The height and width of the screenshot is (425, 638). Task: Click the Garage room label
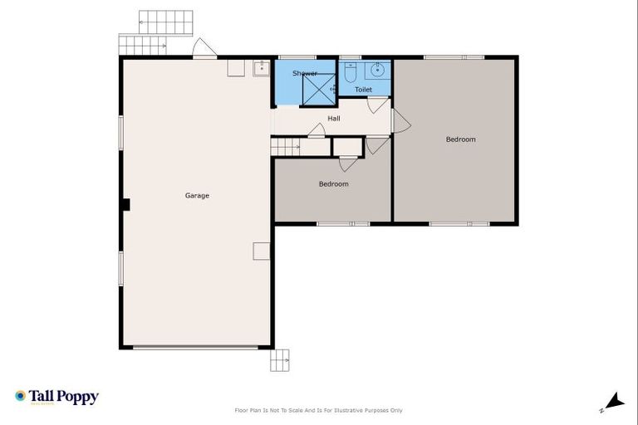pos(197,196)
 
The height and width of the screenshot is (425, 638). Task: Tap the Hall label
pos(333,119)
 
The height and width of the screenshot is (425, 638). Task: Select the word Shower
pos(304,74)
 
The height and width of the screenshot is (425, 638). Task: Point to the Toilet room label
pos(363,89)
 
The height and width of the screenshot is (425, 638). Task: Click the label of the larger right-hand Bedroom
pos(460,139)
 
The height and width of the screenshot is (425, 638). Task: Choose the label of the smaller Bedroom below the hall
pos(333,184)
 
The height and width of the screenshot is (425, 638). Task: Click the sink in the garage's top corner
pos(261,67)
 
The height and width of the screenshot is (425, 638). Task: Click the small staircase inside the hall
pos(286,147)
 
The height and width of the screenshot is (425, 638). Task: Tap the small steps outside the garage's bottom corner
pos(280,359)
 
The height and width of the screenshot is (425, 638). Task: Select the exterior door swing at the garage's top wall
pos(204,49)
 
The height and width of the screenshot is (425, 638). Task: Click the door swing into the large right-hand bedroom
pos(401,121)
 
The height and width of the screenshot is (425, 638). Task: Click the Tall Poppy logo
pos(56,397)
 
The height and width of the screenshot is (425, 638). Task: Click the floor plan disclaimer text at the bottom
pos(319,410)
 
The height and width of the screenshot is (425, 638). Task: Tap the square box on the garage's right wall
pos(262,251)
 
